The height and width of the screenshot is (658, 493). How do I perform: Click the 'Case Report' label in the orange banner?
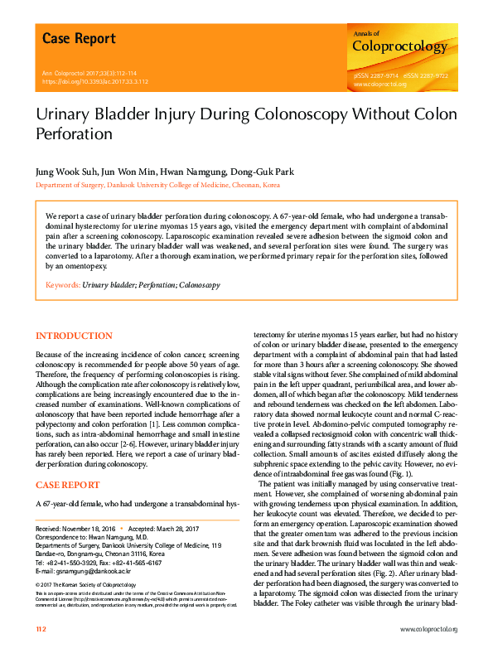79,39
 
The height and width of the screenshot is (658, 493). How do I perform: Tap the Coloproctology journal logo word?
399,47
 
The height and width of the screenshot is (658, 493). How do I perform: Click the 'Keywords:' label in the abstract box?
63,284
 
